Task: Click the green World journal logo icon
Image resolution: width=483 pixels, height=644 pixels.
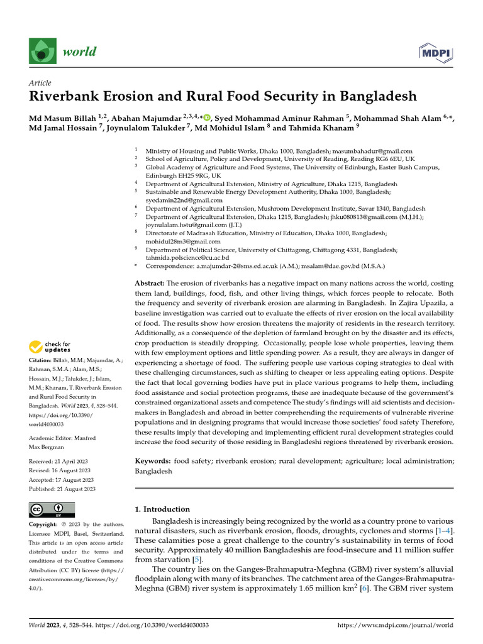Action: (42, 52)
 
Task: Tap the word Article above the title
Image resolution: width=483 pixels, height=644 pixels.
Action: (40, 83)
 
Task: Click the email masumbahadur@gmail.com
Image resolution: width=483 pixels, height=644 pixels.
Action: (372, 152)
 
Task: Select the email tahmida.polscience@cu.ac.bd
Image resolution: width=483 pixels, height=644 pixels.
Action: (187, 258)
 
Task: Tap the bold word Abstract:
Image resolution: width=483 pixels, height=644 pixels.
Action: (150, 284)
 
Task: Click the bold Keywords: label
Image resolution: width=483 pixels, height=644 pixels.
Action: (153, 461)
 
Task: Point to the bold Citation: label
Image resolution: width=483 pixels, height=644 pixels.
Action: (42, 360)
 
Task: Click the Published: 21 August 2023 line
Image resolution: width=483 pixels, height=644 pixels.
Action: (62, 488)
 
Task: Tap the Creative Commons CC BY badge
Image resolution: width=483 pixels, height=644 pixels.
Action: (52, 509)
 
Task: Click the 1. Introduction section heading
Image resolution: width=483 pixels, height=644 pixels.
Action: (162, 509)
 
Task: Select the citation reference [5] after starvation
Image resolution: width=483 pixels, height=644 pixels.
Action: (197, 559)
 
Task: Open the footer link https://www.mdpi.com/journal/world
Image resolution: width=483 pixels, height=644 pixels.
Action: (395, 626)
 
